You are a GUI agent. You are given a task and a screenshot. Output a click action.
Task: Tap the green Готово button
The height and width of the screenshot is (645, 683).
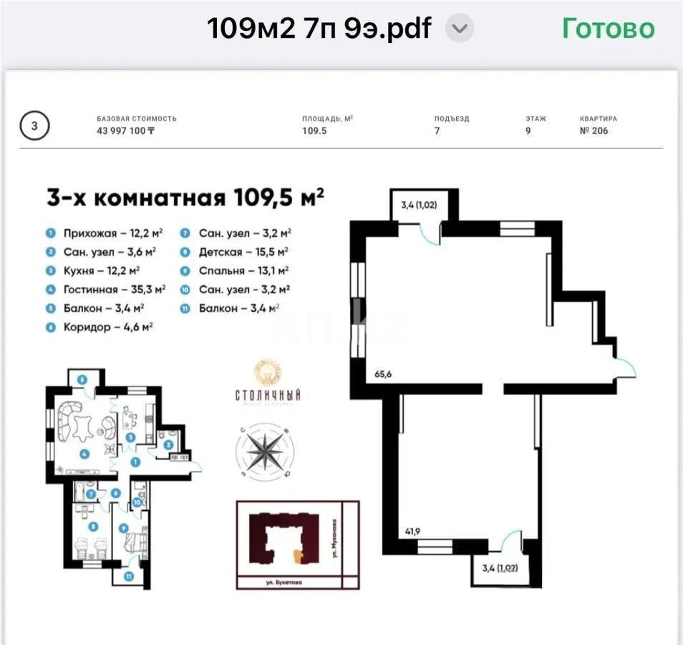[x=608, y=29]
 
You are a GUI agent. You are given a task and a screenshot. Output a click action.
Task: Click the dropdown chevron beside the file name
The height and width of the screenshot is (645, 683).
[x=460, y=29]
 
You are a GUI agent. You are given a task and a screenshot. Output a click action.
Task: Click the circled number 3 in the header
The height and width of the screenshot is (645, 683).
[x=35, y=126]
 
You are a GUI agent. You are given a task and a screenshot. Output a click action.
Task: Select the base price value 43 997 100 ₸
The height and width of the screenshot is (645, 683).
[x=126, y=131]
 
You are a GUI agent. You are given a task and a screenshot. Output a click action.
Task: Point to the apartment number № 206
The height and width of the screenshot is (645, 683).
[x=594, y=131]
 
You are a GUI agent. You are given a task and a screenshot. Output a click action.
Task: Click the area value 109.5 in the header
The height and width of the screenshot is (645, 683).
[x=314, y=131]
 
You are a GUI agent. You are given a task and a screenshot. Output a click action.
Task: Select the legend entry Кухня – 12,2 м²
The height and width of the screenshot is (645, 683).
[x=101, y=270]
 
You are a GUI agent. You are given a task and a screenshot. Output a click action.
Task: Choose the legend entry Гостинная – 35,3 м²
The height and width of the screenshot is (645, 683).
[x=114, y=289]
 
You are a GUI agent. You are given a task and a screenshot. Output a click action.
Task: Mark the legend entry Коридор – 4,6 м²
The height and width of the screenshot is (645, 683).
[x=107, y=326]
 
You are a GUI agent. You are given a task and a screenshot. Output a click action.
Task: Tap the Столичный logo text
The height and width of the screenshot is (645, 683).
[x=268, y=395]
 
